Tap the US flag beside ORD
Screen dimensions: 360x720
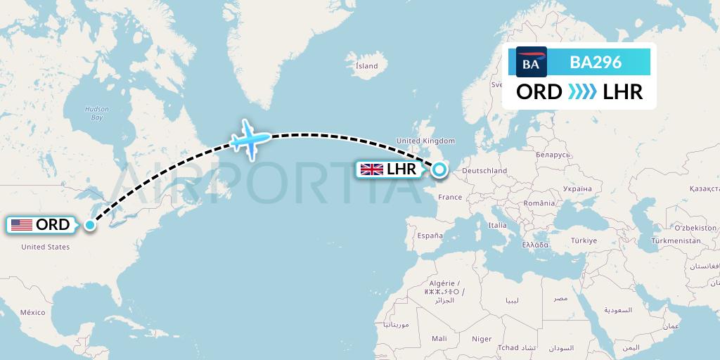(22, 225)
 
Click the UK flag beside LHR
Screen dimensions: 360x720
(371, 169)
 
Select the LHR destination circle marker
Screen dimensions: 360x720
(439, 169)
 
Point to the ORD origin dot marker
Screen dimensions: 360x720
(90, 225)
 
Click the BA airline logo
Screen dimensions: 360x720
(531, 62)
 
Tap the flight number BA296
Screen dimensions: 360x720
(595, 62)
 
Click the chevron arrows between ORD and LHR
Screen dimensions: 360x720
(582, 91)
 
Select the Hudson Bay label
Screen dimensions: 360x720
(97, 112)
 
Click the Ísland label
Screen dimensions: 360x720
(366, 66)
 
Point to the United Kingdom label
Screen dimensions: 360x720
(426, 141)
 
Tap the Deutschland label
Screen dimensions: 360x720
(484, 171)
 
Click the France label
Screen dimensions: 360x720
(450, 198)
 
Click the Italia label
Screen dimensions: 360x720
(497, 225)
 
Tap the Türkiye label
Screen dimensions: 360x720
(583, 240)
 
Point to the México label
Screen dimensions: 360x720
(32, 312)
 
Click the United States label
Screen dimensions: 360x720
(45, 247)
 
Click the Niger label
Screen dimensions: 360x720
(482, 339)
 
